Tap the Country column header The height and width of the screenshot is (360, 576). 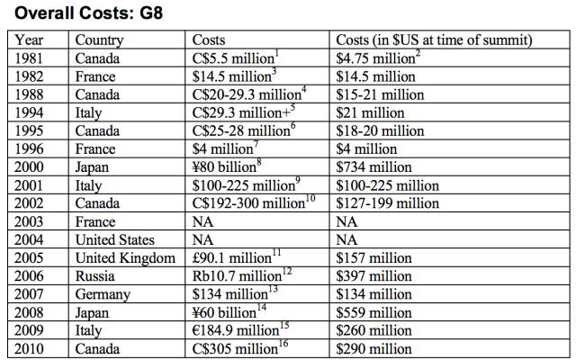pyautogui.click(x=99, y=40)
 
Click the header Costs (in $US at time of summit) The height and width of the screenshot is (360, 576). pyautogui.click(x=434, y=40)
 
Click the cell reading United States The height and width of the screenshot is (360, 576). pyautogui.click(x=114, y=240)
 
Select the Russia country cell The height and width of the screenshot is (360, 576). pyautogui.click(x=95, y=276)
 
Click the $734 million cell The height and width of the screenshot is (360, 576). pyautogui.click(x=373, y=167)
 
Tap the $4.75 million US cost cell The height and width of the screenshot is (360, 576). pyautogui.click(x=378, y=58)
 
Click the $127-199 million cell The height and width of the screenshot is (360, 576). pyautogui.click(x=388, y=203)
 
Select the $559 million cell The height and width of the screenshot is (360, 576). pyautogui.click(x=373, y=312)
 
